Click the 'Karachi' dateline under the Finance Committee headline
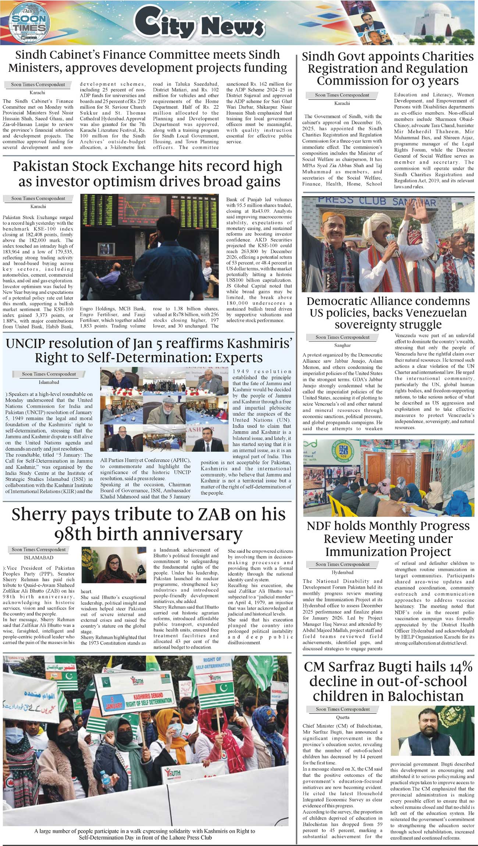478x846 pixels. point(38,93)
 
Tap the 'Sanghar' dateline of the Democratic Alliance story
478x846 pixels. point(342,345)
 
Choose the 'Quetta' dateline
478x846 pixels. point(343,717)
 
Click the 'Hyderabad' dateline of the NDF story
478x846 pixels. point(342,572)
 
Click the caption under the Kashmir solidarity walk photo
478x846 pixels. point(145,834)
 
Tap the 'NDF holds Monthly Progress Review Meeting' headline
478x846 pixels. point(388,538)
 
